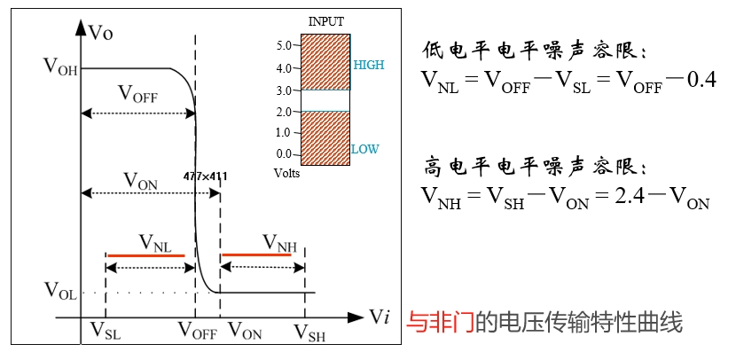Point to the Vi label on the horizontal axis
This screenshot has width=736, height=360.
click(x=380, y=317)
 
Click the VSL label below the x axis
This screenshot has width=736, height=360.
click(x=106, y=332)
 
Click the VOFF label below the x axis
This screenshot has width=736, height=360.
click(x=198, y=332)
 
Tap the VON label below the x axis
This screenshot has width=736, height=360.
click(x=245, y=332)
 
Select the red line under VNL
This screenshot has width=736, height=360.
click(x=146, y=255)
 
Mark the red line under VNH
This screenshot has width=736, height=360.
click(x=262, y=254)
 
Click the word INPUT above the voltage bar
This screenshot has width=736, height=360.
click(x=325, y=20)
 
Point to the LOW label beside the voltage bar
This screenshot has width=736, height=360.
click(x=364, y=149)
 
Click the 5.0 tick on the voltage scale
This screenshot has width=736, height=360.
click(x=283, y=44)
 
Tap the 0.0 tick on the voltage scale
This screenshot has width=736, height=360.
click(x=283, y=154)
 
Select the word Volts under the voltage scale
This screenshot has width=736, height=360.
click(x=287, y=173)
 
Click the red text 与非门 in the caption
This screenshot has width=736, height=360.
click(x=438, y=322)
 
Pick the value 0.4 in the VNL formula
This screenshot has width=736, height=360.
click(x=696, y=82)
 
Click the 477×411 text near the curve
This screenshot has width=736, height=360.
click(x=205, y=176)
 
